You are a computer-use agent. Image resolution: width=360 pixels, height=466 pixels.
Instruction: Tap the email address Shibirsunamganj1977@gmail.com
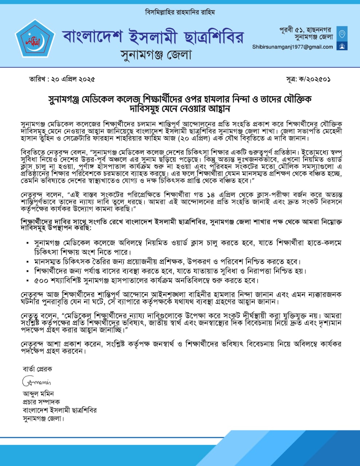click(293, 47)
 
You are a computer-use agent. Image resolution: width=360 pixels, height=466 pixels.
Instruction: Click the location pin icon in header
click(342, 34)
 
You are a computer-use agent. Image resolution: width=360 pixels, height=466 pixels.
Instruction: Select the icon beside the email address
click(342, 46)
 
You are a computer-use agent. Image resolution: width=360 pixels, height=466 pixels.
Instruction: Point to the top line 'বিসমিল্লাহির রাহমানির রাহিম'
click(180, 12)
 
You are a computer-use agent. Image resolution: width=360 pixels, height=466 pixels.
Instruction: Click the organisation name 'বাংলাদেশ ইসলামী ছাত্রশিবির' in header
click(153, 37)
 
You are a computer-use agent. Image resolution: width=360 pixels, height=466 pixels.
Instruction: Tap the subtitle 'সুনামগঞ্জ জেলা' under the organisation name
click(156, 55)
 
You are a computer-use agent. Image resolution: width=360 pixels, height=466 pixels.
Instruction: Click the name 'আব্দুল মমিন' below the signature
click(38, 394)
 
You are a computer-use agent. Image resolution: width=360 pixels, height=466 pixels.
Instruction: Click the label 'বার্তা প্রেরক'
click(37, 369)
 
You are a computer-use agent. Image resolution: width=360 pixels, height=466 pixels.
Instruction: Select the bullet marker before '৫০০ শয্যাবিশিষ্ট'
click(28, 281)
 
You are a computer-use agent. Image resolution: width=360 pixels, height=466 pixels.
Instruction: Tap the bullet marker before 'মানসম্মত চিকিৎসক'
click(28, 262)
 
